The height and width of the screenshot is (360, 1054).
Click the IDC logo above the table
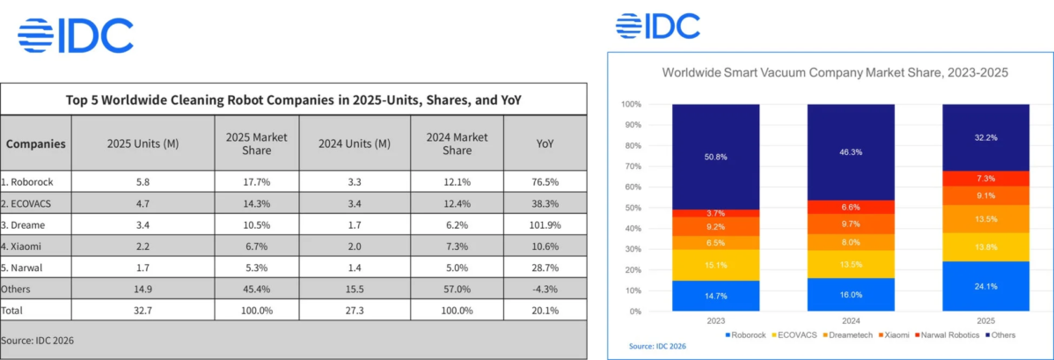point(76,35)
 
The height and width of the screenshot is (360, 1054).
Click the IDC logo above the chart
point(658,26)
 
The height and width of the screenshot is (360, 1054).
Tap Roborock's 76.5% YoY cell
point(545,182)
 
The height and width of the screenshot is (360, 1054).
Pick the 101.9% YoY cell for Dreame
point(545,224)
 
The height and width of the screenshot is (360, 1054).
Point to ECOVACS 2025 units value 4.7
point(142,203)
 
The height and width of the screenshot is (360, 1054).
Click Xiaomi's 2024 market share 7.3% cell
point(457,246)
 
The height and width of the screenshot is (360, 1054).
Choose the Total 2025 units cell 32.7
point(142,310)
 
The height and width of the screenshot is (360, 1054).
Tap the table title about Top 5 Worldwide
point(294,99)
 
